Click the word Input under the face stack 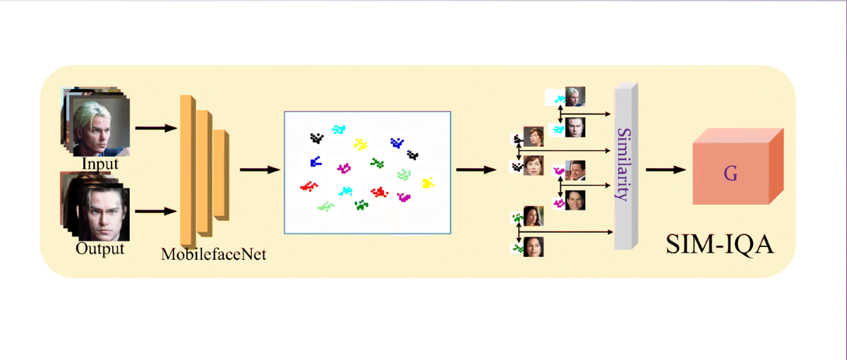click(x=100, y=164)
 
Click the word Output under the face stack click(x=100, y=249)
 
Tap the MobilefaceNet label click(x=213, y=254)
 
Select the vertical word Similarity click(x=622, y=164)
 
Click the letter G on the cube click(x=731, y=173)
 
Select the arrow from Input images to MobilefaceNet click(x=155, y=128)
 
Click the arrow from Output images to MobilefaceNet click(x=155, y=210)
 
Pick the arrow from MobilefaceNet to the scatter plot click(x=260, y=169)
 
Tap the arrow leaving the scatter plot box click(x=476, y=169)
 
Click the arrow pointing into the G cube click(x=666, y=169)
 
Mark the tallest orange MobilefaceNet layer click(x=187, y=169)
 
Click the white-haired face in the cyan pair click(x=575, y=96)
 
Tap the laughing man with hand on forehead click(x=576, y=169)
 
